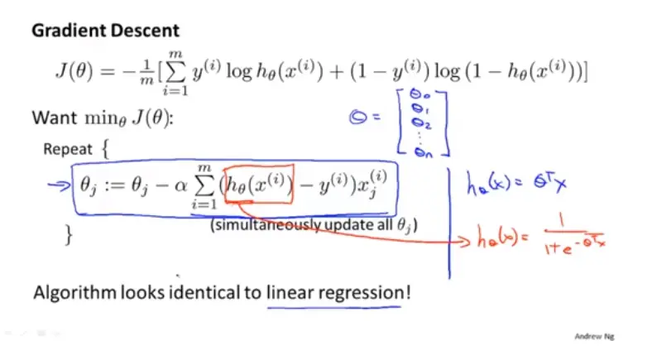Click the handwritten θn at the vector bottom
tap(423, 149)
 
